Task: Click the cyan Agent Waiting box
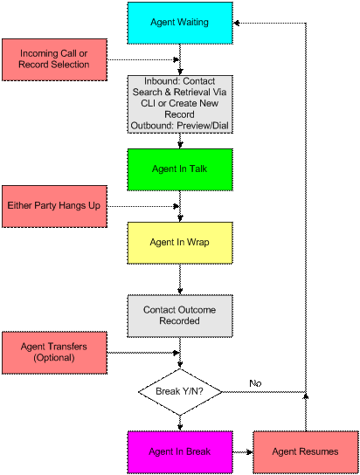[180, 23]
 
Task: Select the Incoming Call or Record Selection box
[54, 59]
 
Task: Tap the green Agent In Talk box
[180, 169]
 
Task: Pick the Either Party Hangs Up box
[54, 206]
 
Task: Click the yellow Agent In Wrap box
[180, 243]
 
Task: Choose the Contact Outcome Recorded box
[180, 316]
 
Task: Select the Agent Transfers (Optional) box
[54, 353]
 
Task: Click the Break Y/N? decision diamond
[180, 392]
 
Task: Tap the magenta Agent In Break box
[180, 452]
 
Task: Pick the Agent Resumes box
[306, 452]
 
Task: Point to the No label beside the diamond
[255, 383]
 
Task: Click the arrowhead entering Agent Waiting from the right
[237, 23]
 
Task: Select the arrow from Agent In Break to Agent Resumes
[243, 452]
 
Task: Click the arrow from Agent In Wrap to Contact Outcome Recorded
[180, 279]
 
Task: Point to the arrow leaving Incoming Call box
[143, 59]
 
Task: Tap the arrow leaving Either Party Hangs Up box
[143, 206]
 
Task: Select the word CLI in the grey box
[148, 103]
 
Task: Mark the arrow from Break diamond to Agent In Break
[180, 423]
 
